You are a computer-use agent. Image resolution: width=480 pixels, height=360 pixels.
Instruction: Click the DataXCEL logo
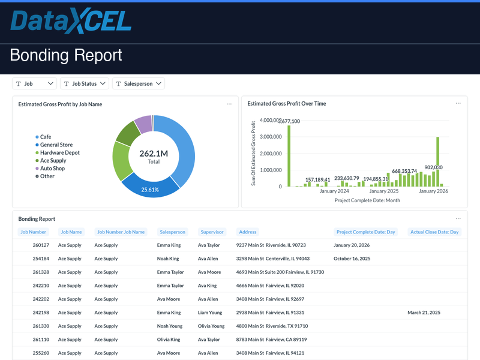[x=71, y=22]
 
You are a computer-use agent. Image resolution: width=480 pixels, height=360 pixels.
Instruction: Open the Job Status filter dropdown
[x=85, y=84]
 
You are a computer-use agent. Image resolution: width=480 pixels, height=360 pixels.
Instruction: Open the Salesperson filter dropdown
[x=138, y=84]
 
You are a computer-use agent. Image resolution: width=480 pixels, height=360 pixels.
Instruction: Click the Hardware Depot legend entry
[x=59, y=153]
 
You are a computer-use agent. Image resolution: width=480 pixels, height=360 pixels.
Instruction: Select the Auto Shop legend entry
[x=52, y=169]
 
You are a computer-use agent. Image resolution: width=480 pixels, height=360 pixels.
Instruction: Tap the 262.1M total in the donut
[x=154, y=154]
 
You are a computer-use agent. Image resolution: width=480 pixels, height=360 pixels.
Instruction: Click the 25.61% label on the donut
[x=150, y=190]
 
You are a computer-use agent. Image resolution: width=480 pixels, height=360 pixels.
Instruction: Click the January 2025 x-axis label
[x=384, y=191]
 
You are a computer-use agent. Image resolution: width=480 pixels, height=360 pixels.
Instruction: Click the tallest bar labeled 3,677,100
[x=289, y=156]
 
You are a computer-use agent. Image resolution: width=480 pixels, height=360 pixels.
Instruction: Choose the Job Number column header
[x=34, y=232]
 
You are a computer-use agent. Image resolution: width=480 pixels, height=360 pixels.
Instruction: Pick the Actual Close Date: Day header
[x=434, y=232]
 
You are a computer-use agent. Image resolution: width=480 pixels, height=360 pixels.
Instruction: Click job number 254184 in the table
[x=41, y=259]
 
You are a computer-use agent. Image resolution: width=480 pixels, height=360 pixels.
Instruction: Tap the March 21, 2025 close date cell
[x=424, y=313]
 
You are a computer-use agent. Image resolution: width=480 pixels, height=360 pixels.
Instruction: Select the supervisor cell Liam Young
[x=210, y=313]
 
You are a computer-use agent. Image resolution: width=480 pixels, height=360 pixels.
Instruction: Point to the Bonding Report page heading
[x=66, y=56]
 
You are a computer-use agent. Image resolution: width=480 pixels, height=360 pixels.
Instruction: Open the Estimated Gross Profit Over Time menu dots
[x=458, y=104]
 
